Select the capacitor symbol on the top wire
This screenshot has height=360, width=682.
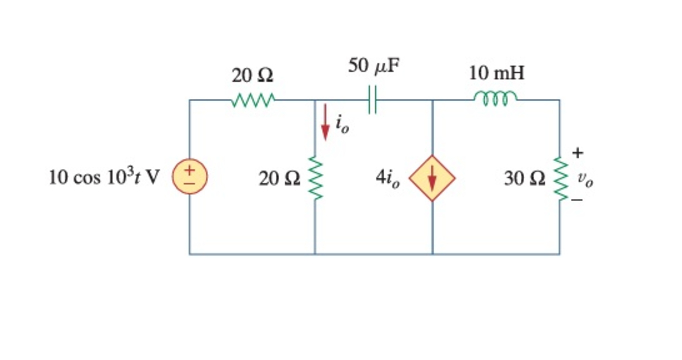click(374, 100)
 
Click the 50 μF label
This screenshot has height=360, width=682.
click(375, 68)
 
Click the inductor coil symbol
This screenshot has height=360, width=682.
click(495, 98)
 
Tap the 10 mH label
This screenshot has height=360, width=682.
click(496, 74)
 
